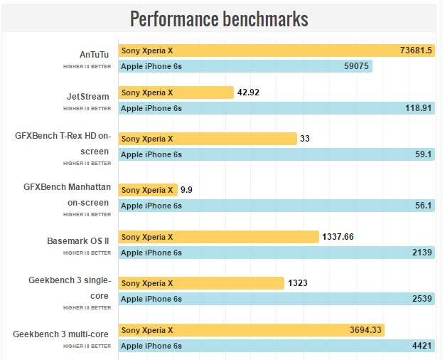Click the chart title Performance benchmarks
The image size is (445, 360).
(x=219, y=18)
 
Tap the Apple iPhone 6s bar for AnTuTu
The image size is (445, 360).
(x=245, y=66)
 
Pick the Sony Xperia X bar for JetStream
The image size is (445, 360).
(x=176, y=92)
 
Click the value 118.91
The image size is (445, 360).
(x=419, y=108)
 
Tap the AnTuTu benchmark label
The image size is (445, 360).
(x=95, y=53)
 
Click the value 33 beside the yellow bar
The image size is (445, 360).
(x=305, y=139)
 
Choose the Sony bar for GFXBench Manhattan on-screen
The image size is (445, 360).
(x=147, y=190)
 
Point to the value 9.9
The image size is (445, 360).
(x=187, y=190)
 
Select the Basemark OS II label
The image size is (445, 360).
(x=78, y=240)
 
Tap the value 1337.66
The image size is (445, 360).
(x=338, y=237)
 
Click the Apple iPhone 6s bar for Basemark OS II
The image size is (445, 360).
(x=277, y=253)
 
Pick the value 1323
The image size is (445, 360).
(x=297, y=283)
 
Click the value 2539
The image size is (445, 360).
(x=422, y=299)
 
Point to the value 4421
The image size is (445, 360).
(x=422, y=346)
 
